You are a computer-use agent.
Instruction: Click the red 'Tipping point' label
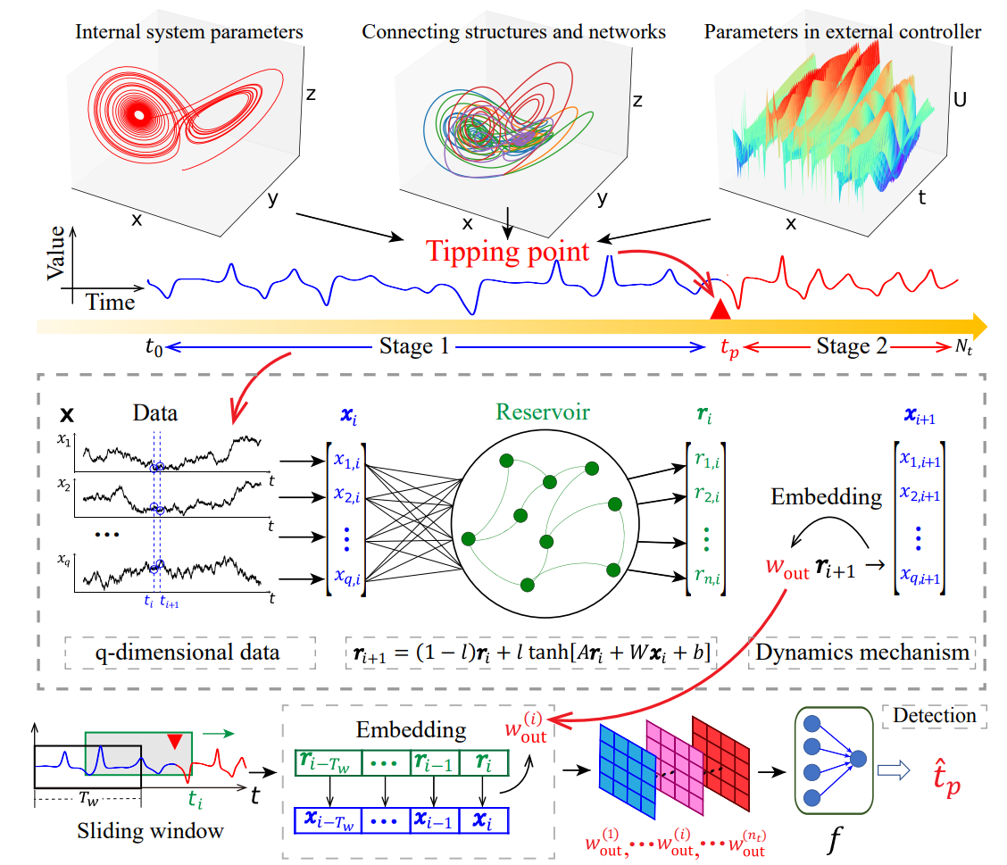(x=508, y=252)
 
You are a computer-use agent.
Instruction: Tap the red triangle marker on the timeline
(x=720, y=311)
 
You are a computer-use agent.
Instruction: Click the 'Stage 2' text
(x=852, y=347)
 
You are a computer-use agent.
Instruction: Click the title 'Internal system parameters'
(x=189, y=33)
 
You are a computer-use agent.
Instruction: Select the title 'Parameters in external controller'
(x=843, y=33)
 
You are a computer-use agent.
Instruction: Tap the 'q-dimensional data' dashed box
(x=187, y=653)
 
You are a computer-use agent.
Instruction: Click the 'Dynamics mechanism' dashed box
(x=862, y=653)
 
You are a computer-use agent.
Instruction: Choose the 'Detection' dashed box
(x=934, y=715)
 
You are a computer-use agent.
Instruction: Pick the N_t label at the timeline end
(x=963, y=349)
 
